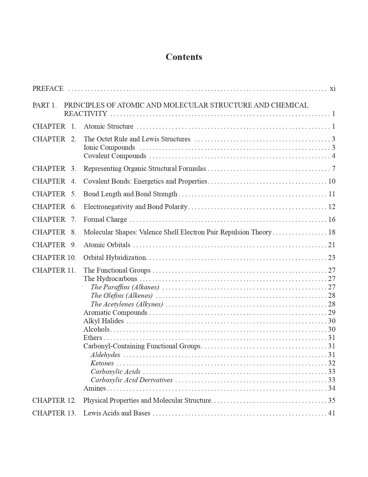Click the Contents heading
tap(184, 57)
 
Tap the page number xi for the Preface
tap(332, 88)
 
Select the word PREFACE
tap(48, 88)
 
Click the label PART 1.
tap(44, 105)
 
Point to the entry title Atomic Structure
tap(109, 126)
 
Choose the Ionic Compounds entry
tap(109, 147)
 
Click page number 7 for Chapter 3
tap(333, 169)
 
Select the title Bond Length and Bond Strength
tap(130, 194)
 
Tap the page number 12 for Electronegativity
tap(332, 207)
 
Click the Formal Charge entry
tap(105, 219)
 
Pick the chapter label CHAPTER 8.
tap(54, 232)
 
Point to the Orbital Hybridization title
tap(115, 258)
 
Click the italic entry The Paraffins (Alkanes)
tap(125, 287)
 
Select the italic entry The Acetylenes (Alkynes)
tap(127, 304)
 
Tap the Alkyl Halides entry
tap(103, 321)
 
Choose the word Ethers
tap(93, 338)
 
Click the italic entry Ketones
tap(102, 363)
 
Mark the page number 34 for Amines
tap(332, 388)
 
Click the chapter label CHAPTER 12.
tap(54, 400)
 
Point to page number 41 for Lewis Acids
tap(332, 413)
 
